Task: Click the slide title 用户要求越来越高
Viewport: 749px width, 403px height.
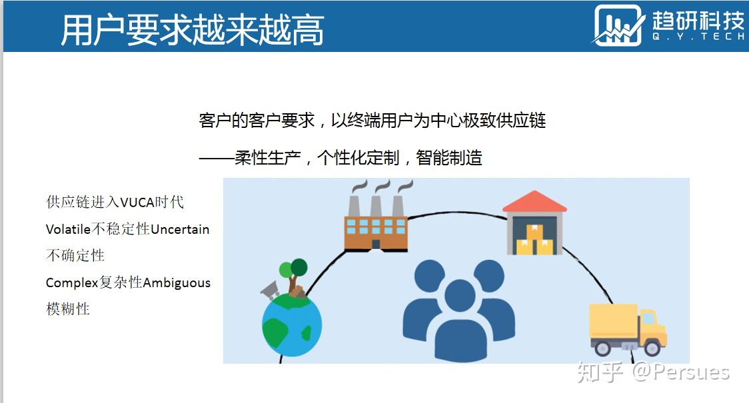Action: click(x=193, y=30)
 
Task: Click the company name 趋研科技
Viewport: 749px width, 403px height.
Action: click(x=698, y=21)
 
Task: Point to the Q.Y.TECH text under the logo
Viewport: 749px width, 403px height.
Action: click(x=698, y=36)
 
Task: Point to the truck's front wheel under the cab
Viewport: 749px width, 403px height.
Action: click(x=652, y=348)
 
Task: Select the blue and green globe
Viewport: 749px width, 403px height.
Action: click(x=292, y=325)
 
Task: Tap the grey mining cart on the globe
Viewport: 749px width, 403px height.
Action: click(x=271, y=290)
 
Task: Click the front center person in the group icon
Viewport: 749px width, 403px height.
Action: click(x=460, y=319)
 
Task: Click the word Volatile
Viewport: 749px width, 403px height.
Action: click(x=69, y=229)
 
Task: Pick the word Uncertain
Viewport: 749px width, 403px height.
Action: click(x=180, y=230)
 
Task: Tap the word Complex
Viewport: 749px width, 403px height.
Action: click(x=72, y=282)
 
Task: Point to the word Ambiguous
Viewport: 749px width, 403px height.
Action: click(x=177, y=283)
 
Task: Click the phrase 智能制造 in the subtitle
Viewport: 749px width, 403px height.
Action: click(x=449, y=158)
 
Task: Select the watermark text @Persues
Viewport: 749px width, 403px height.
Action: click(x=682, y=372)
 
